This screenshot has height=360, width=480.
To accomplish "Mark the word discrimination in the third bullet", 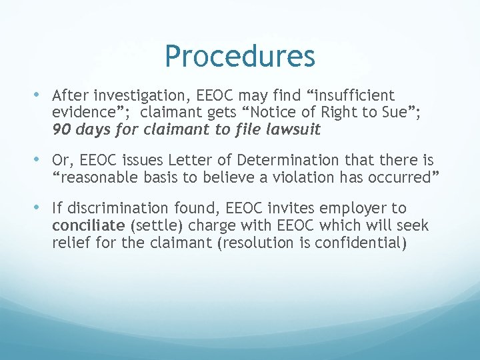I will (x=113, y=209).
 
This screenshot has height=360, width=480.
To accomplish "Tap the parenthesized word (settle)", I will (x=146, y=226).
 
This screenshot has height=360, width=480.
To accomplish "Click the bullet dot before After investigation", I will (x=44, y=95).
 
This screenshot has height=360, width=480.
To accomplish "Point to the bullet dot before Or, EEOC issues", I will (x=44, y=160).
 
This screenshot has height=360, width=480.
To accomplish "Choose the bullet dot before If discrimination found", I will (x=44, y=208).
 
